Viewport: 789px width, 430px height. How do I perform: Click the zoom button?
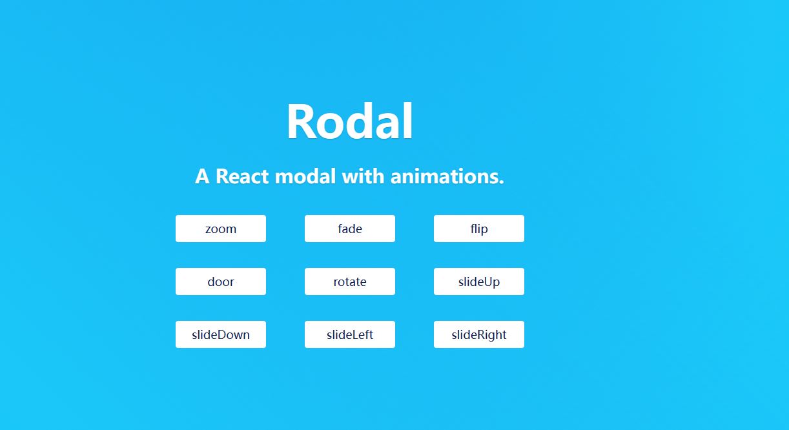point(221,229)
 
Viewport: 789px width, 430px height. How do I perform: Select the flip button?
point(479,229)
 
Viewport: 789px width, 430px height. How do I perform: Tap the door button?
point(221,282)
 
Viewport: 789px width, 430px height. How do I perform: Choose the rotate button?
point(350,282)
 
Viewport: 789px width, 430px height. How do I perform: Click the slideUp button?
point(479,282)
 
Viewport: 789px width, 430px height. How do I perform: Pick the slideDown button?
point(221,334)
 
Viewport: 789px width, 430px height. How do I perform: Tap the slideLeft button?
point(350,334)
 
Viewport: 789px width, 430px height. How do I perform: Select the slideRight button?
point(479,334)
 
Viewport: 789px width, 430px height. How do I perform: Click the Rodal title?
point(350,121)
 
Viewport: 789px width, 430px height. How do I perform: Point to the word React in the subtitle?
point(242,176)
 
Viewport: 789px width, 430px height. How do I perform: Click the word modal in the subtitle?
point(305,176)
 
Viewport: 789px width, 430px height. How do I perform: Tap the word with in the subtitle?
point(363,176)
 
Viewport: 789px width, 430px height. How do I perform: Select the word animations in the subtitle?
point(444,176)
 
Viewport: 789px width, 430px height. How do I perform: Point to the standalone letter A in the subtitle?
point(202,176)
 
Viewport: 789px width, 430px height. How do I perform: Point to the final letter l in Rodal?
point(407,121)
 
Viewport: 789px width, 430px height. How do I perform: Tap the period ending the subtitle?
point(501,181)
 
